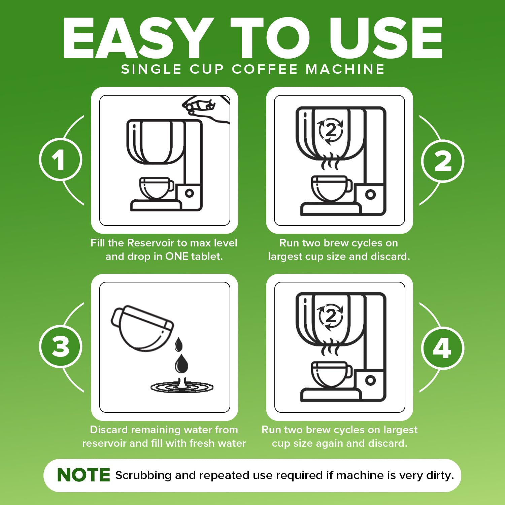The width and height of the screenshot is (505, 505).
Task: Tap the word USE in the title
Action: point(386,38)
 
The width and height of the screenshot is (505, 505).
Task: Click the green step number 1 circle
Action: point(60,160)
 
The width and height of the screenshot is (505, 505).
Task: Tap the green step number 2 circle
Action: point(443,161)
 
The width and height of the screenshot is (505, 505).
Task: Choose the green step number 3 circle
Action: point(60,347)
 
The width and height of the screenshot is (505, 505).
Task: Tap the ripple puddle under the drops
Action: point(182,387)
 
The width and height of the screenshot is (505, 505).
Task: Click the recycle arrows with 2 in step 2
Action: point(331,131)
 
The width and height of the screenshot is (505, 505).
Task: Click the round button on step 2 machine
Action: point(370,194)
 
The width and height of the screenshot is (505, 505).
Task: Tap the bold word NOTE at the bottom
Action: point(83,475)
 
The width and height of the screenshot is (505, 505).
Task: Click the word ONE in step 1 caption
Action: point(177,257)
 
